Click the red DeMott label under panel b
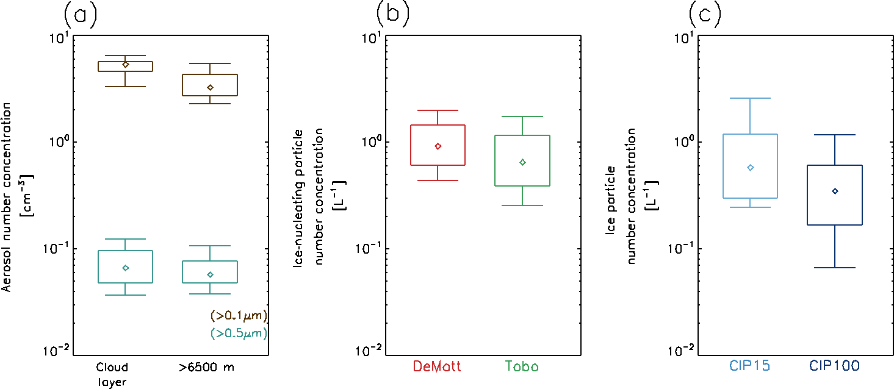[x=437, y=366]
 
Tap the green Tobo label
[x=522, y=366]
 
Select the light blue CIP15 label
[x=750, y=366]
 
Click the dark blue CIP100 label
[x=834, y=366]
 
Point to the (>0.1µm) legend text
[x=239, y=316]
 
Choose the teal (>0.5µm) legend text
[x=239, y=334]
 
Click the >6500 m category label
[x=206, y=367]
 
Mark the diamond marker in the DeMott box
[x=438, y=146]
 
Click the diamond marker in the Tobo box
[x=522, y=162]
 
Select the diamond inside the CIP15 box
[x=750, y=168]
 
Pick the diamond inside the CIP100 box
[x=835, y=191]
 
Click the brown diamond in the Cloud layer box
[x=125, y=64]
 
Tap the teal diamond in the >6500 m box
[x=210, y=274]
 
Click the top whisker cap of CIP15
[x=750, y=98]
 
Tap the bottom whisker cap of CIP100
[x=835, y=268]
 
